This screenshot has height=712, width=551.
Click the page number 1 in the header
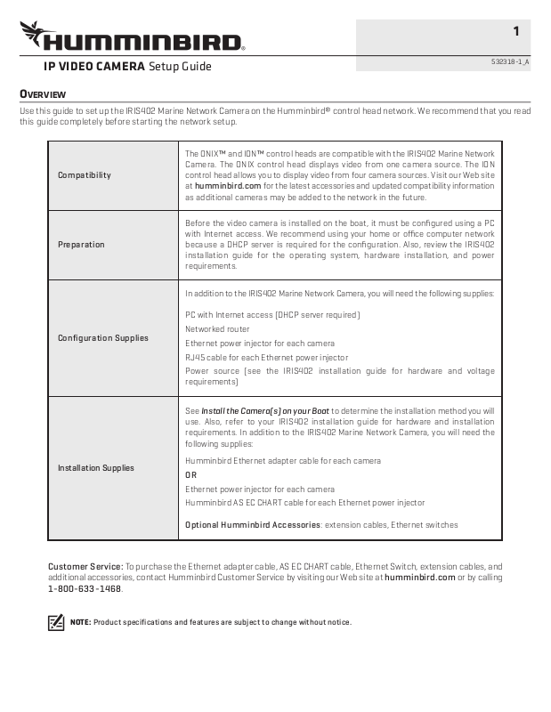pos(516,32)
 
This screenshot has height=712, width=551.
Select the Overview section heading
pos(43,94)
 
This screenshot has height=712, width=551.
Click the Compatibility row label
pos(85,175)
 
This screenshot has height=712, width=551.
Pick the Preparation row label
pos(81,245)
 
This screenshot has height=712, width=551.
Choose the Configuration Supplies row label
pos(103,338)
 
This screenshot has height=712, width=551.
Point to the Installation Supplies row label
pos(96,468)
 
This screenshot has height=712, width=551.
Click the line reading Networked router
pos(217,329)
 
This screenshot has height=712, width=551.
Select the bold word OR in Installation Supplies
pos(190,475)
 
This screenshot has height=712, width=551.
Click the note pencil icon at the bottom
pos(56,622)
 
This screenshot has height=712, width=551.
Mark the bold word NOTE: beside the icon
pos(80,622)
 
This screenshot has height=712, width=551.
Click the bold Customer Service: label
pos(85,566)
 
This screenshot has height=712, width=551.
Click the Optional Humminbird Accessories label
pos(252,525)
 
